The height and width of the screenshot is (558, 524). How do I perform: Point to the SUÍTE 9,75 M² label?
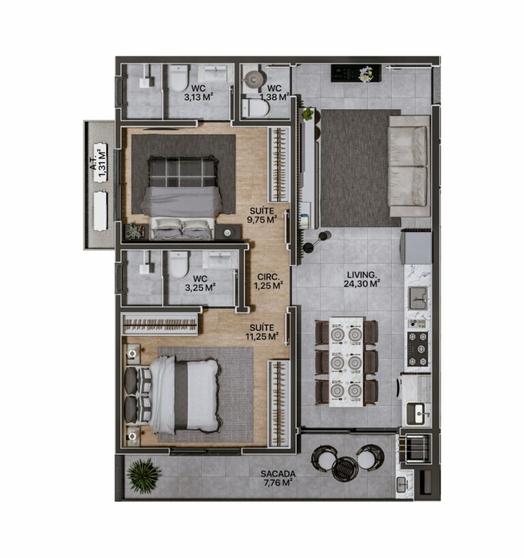(261, 216)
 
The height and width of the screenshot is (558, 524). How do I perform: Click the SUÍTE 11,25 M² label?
(263, 332)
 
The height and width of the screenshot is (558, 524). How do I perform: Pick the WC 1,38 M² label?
(276, 93)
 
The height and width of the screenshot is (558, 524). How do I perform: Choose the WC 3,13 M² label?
(199, 93)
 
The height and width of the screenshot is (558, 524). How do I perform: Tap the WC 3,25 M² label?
(201, 283)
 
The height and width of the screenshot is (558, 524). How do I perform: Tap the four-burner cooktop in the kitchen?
(417, 348)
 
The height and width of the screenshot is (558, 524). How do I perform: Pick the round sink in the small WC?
(254, 79)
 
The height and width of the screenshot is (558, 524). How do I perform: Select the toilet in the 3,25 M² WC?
(179, 264)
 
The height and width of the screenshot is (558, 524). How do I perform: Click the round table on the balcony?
(345, 469)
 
